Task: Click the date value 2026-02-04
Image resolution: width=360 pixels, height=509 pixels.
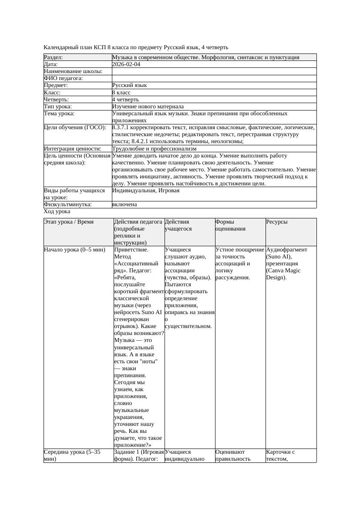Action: click(x=126, y=64)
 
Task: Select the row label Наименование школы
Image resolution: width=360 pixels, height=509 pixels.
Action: click(x=73, y=71)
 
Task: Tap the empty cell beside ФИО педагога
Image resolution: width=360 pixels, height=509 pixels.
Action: click(x=213, y=78)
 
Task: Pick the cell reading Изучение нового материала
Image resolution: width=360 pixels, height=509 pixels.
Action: click(x=148, y=107)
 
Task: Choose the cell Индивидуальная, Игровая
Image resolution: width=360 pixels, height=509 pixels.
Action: click(x=146, y=191)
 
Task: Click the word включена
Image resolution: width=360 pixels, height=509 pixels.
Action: click(x=124, y=204)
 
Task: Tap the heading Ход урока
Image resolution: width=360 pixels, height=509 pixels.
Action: click(x=57, y=211)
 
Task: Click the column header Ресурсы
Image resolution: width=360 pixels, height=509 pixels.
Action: click(x=276, y=222)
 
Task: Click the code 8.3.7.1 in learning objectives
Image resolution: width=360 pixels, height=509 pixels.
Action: click(x=123, y=128)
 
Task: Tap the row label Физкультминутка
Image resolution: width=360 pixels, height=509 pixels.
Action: click(x=67, y=204)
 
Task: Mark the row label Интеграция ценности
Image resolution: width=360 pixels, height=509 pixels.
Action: click(x=73, y=149)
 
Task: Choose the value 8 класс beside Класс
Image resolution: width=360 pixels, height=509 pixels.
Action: click(x=121, y=93)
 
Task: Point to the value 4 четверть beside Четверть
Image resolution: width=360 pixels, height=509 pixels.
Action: click(x=125, y=100)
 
